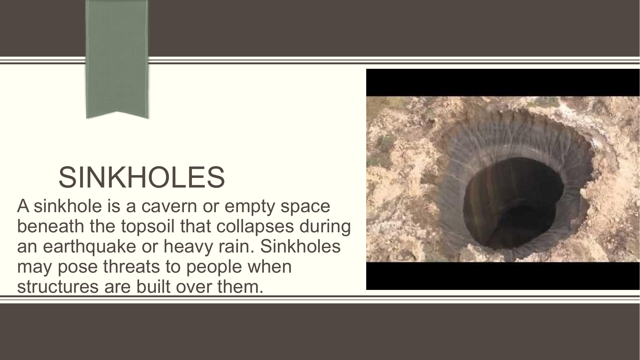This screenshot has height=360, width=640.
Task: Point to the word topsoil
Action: click(148, 227)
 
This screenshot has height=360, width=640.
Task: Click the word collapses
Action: click(255, 226)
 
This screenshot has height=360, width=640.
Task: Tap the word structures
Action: click(58, 286)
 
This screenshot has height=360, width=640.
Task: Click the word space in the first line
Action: click(305, 207)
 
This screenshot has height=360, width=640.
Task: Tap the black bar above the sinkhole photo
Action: click(503, 83)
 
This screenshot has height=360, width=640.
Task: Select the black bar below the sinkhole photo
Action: click(503, 276)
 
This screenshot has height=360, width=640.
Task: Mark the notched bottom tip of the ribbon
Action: click(117, 112)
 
